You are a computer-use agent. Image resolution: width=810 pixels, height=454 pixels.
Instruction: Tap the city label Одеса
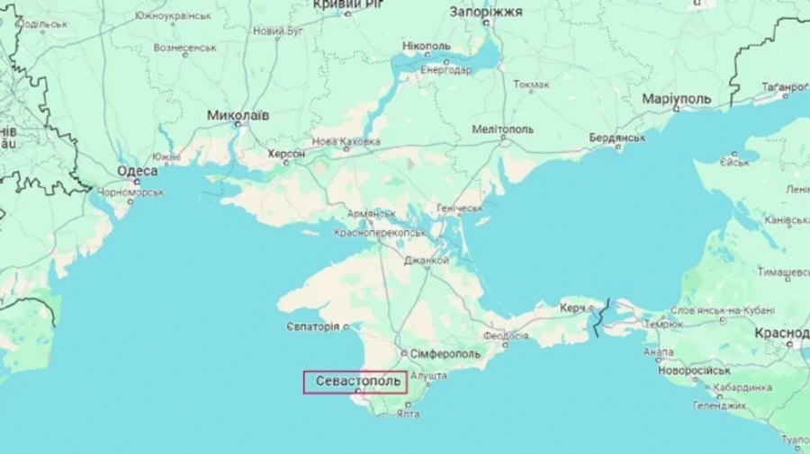[x=138, y=171]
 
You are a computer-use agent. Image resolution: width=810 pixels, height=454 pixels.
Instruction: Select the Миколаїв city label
[x=238, y=116]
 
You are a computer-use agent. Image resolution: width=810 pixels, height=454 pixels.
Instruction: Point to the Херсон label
[x=286, y=155]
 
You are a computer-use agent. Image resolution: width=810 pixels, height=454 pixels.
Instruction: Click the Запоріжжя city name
[x=485, y=12]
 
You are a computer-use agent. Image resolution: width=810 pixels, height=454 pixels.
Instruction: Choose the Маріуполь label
[x=677, y=98]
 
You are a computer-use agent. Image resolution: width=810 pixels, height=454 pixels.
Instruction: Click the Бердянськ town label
[x=617, y=138]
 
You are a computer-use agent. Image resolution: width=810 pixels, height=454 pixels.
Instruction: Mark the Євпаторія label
[x=313, y=326]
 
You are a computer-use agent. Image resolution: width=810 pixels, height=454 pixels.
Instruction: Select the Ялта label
[x=408, y=414]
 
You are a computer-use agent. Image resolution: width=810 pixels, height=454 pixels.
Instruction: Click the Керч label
[x=572, y=307]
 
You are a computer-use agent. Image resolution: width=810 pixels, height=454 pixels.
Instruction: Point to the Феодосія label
[x=506, y=336]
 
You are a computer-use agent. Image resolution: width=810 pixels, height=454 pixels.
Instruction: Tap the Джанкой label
[x=426, y=261]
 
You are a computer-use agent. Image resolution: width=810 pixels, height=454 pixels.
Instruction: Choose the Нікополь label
[x=427, y=46]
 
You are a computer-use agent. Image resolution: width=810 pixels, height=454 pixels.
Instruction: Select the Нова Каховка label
[x=346, y=142]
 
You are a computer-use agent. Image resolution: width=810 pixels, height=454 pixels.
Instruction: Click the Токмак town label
[x=531, y=85]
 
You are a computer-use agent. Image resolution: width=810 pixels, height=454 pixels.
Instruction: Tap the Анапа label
[x=658, y=352]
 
